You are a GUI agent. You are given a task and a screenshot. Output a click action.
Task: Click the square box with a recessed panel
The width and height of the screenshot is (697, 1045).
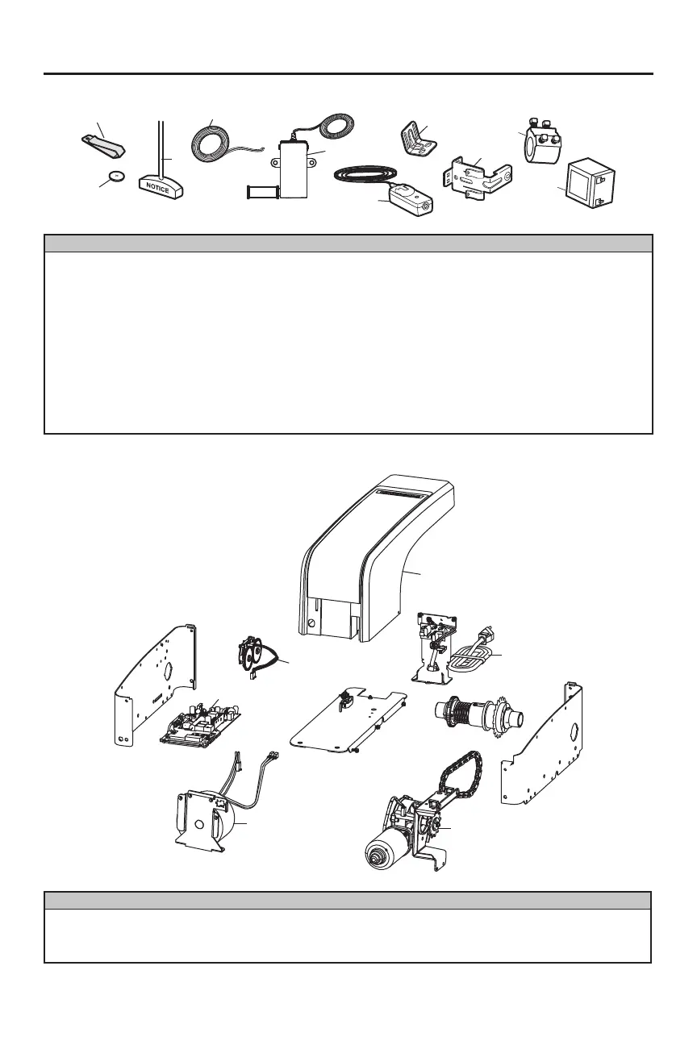[x=592, y=184]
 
